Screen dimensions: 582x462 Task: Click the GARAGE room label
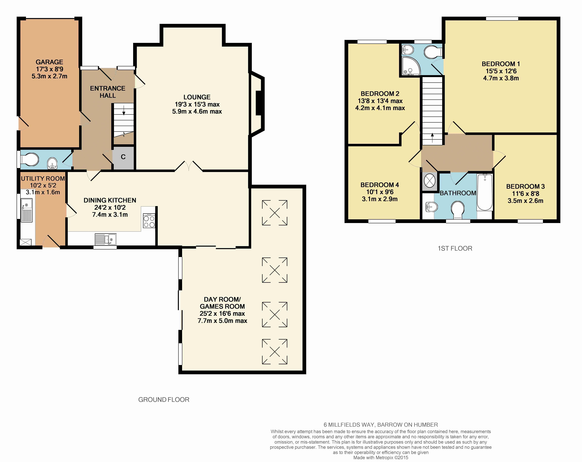click(49, 62)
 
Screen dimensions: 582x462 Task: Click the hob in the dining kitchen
click(149, 221)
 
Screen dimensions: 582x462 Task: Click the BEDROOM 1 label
click(501, 64)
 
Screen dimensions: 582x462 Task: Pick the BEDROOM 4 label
click(380, 185)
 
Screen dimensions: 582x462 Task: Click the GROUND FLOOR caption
click(164, 400)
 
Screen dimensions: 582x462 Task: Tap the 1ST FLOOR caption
click(455, 248)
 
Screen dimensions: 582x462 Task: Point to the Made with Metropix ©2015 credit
click(381, 457)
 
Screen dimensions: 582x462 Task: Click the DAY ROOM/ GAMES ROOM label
click(222, 303)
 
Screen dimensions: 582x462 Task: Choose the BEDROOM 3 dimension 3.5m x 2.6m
click(525, 201)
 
